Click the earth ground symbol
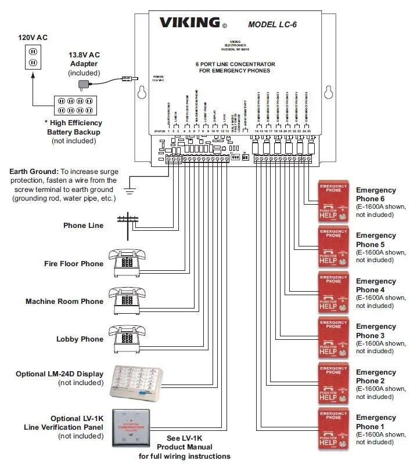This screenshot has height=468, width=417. [131, 188]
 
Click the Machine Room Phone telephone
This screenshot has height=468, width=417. [125, 300]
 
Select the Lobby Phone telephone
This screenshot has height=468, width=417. [125, 338]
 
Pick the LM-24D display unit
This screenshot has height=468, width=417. [140, 381]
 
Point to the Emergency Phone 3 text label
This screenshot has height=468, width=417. [376, 331]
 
